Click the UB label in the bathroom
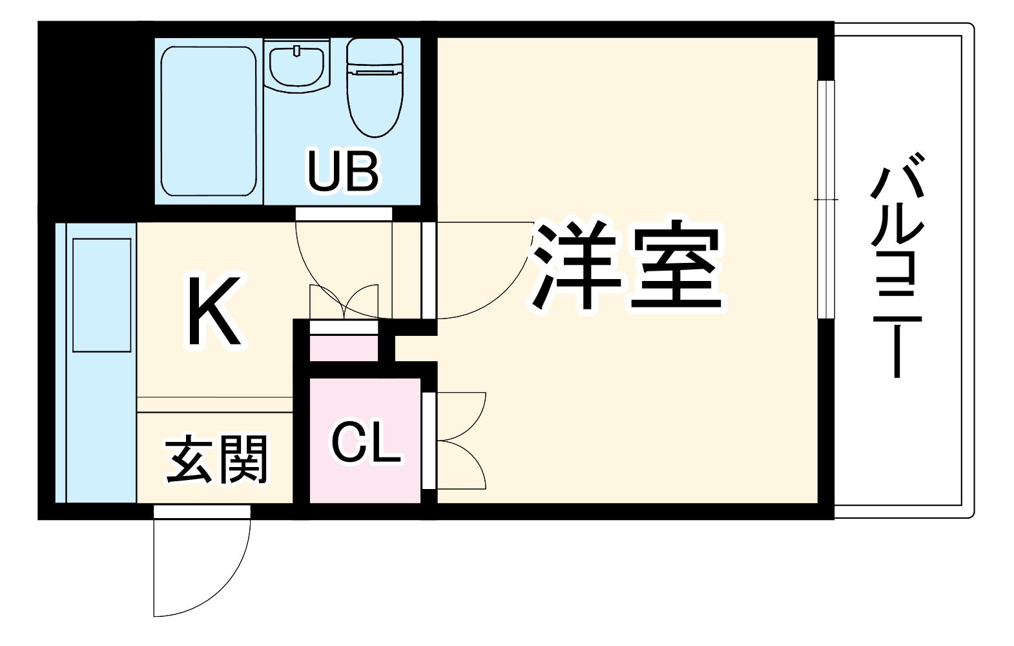(x=343, y=172)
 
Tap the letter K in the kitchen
(x=214, y=311)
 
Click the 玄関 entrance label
(x=216, y=459)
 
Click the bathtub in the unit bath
(x=209, y=121)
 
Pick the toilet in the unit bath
(x=375, y=87)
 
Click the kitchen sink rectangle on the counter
(x=102, y=295)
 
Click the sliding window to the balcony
(x=825, y=200)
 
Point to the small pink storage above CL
(x=344, y=348)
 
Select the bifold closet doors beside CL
(x=461, y=441)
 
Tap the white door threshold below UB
(x=344, y=214)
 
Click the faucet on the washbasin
(x=297, y=50)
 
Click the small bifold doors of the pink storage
(x=344, y=302)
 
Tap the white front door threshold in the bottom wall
(x=202, y=512)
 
